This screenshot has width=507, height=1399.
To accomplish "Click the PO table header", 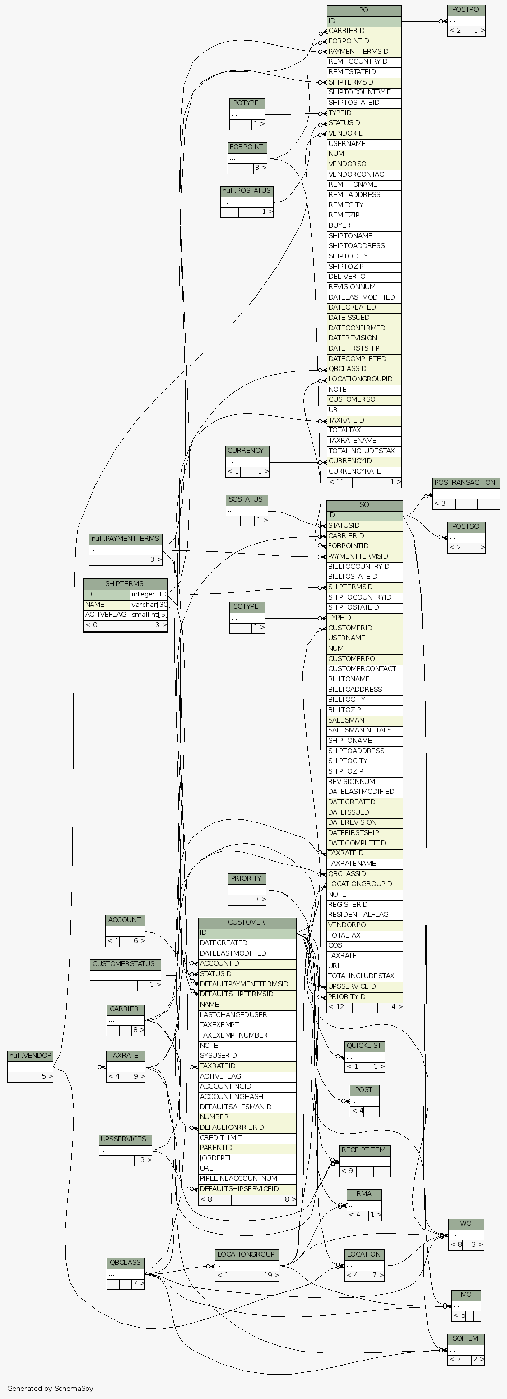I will (x=364, y=10).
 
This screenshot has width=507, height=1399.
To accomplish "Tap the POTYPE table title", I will (x=247, y=103).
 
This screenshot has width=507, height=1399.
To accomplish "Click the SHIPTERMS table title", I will (x=125, y=584).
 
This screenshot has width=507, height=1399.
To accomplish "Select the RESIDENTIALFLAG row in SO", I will (x=358, y=915).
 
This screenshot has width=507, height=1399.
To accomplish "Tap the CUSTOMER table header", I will (x=247, y=923).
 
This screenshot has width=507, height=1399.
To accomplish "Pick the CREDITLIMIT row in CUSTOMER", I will (x=221, y=1138).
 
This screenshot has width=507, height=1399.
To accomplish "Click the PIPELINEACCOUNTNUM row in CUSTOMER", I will (x=238, y=1178).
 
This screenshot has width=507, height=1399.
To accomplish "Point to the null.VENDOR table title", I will (x=30, y=1056).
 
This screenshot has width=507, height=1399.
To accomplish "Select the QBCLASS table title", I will (x=126, y=1263).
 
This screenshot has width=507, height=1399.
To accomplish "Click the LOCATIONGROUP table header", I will (x=247, y=1254).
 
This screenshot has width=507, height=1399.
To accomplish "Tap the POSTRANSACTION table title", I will (x=465, y=483).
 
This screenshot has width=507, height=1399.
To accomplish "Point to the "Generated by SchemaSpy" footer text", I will (x=51, y=1388).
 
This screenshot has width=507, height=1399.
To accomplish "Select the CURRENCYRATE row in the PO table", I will (x=355, y=471).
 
